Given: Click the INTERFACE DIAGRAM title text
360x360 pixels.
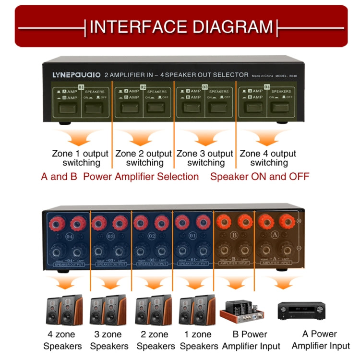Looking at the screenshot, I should (181, 26).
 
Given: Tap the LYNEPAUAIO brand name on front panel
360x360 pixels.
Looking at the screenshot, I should (76, 75).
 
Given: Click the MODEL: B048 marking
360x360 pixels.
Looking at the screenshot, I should (283, 75).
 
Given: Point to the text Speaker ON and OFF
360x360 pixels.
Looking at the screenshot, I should (260, 177).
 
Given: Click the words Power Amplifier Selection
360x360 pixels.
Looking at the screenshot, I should (141, 177).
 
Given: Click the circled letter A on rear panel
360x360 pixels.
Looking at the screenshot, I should (275, 235).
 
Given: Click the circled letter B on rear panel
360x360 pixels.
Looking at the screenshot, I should (234, 235).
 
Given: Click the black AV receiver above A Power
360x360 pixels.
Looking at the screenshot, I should (300, 311).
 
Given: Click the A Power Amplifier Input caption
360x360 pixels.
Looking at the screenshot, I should (321, 339).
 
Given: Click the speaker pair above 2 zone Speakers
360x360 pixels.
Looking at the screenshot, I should (153, 309).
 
